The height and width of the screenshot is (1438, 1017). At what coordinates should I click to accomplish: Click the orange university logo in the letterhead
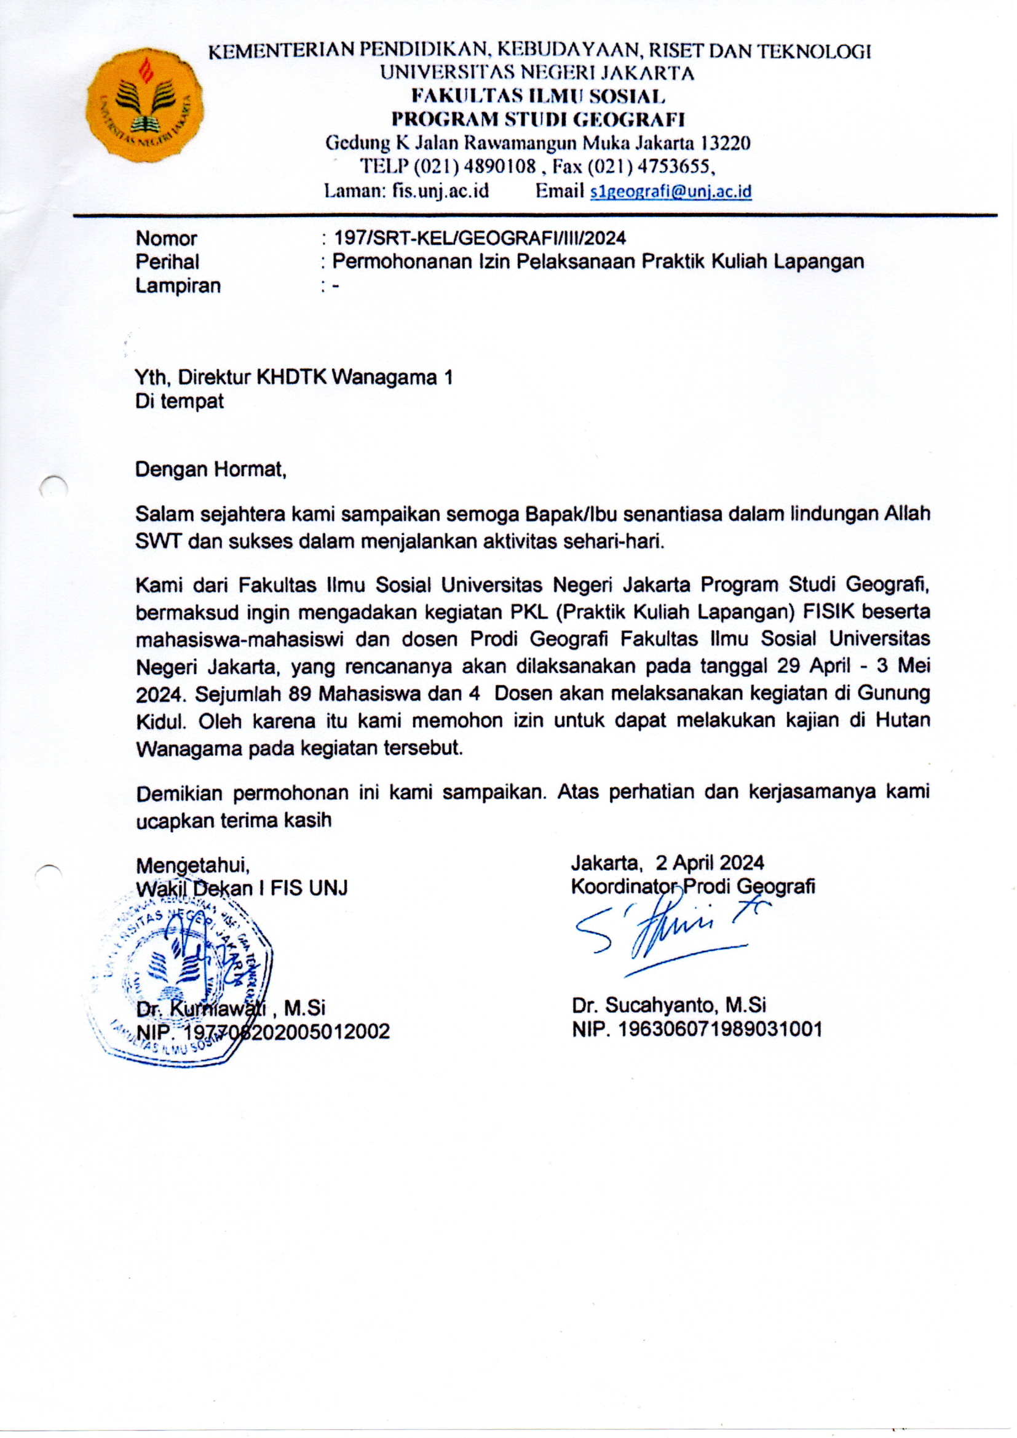[144, 105]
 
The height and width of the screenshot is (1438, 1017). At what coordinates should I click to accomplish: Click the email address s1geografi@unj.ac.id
[671, 191]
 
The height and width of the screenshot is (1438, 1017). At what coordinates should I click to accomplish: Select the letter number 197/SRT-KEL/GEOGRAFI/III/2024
[479, 238]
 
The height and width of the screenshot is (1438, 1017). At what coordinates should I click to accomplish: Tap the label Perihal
[167, 262]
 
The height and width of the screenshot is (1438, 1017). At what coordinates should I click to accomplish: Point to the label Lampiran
[178, 285]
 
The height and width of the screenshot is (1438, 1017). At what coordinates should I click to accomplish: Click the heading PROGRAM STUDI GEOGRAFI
[538, 119]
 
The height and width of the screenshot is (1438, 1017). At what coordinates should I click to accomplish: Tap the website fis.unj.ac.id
[440, 191]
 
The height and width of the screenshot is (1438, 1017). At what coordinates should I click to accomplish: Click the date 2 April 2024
[710, 863]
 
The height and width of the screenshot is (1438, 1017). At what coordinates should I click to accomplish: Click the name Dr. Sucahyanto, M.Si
[668, 1006]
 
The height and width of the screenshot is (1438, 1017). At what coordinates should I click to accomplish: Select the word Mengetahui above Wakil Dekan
[193, 865]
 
